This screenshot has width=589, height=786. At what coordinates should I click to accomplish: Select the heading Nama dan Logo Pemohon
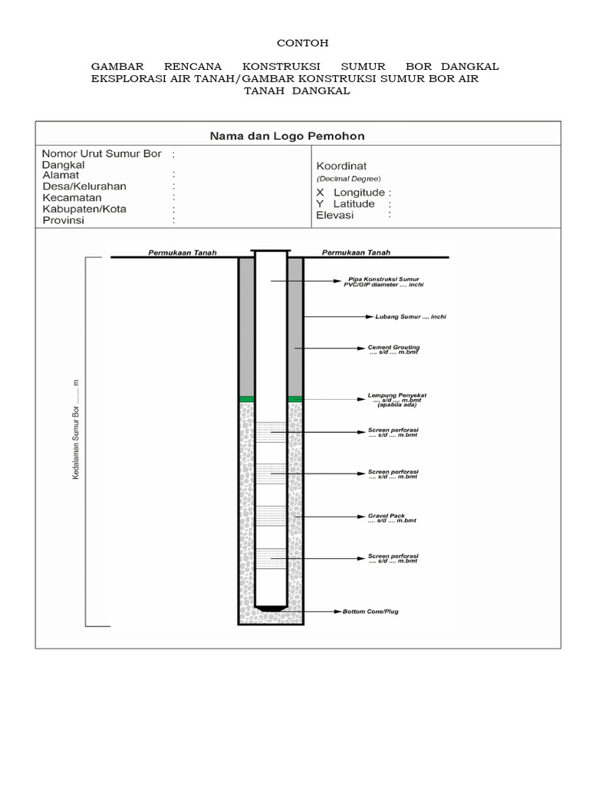tap(288, 136)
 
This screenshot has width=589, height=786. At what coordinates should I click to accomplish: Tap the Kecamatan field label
tap(72, 197)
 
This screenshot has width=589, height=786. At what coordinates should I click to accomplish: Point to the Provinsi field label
tap(64, 220)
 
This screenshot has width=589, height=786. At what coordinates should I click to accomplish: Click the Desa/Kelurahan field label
tap(84, 186)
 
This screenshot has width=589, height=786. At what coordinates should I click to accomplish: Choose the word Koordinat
tap(341, 165)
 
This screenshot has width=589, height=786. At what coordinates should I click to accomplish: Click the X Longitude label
tap(354, 192)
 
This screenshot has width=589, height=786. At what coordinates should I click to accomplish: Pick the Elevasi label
tap(335, 216)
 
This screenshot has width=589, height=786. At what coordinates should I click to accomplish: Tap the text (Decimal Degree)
tap(348, 179)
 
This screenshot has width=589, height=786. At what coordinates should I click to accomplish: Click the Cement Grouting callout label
tap(394, 349)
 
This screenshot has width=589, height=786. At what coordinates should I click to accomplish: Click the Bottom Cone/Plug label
tap(371, 612)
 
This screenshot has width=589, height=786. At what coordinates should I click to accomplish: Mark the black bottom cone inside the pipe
tap(271, 609)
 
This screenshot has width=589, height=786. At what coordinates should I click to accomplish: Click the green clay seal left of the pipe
tap(246, 399)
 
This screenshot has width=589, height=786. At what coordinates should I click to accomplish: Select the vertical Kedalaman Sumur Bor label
tap(77, 429)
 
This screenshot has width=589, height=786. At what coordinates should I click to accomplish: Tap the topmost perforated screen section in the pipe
tap(271, 432)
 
